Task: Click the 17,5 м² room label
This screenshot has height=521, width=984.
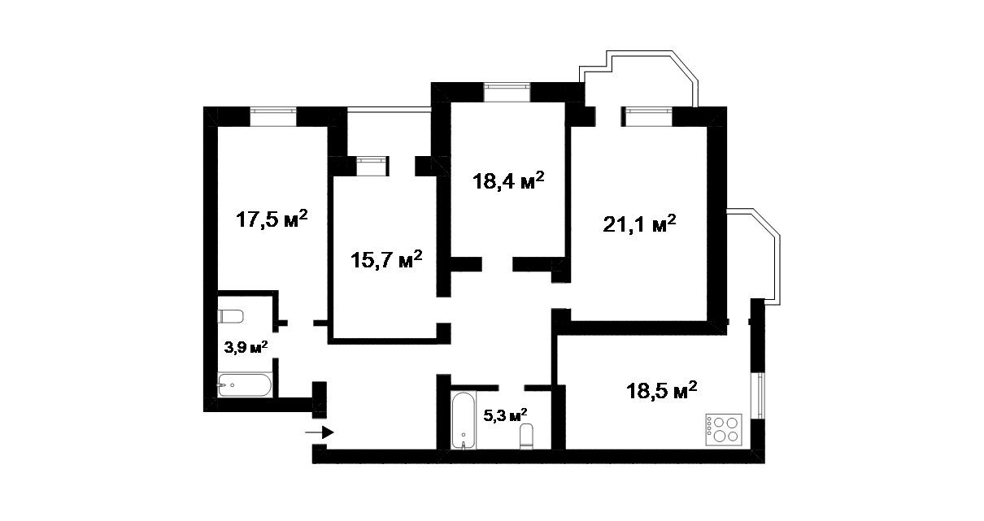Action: [272, 219]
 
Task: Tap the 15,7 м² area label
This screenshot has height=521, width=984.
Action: [386, 259]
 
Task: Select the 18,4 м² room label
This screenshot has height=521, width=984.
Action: [508, 180]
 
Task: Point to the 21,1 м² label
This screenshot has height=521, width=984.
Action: [639, 224]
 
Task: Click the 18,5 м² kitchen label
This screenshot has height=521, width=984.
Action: [662, 390]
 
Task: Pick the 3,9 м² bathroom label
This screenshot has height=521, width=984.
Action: [246, 347]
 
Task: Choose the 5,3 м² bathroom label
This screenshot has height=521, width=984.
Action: [505, 415]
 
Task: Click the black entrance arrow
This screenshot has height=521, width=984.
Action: [320, 432]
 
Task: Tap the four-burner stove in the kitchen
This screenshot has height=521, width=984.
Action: [724, 429]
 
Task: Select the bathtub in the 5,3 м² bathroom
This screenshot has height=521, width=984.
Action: [464, 420]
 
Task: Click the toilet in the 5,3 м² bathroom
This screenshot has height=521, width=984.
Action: [526, 436]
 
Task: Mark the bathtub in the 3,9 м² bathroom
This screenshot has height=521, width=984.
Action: [245, 385]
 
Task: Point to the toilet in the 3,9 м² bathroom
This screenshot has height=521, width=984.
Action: [230, 316]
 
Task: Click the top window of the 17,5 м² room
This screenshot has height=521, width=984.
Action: [273, 117]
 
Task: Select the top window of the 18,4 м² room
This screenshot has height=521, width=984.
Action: [507, 93]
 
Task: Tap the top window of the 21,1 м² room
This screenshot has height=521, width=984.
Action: [647, 117]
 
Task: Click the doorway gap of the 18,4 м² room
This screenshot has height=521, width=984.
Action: [497, 264]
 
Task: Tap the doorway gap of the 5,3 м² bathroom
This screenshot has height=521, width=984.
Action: [512, 388]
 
